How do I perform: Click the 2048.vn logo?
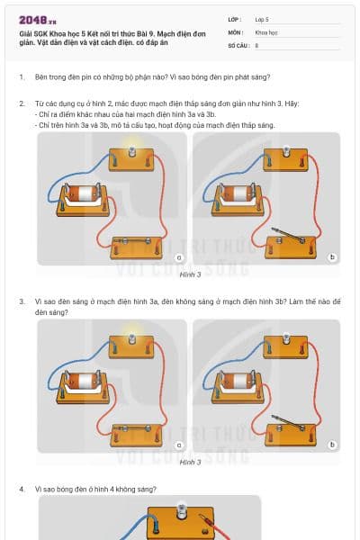coord(35,20)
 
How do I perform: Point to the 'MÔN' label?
coord(235,31)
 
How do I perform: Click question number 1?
coord(21,77)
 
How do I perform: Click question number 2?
coord(21,103)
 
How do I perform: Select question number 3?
coord(21,301)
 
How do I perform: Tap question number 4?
coord(21,489)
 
